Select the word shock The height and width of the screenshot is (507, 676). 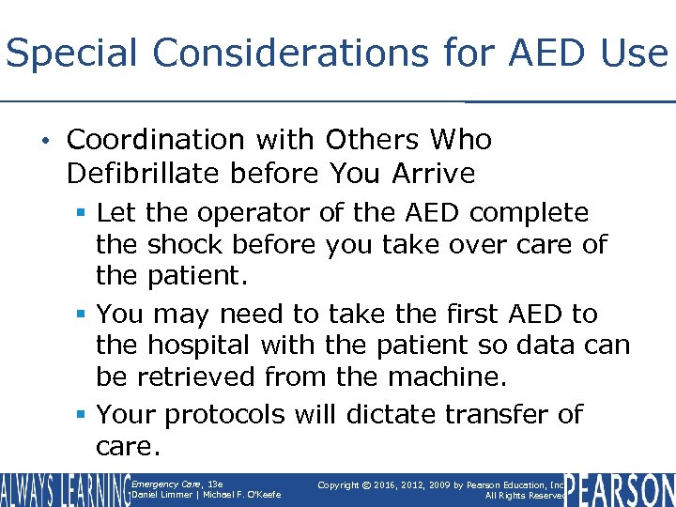coord(184,245)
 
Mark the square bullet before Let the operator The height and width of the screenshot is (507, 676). coord(84,214)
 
